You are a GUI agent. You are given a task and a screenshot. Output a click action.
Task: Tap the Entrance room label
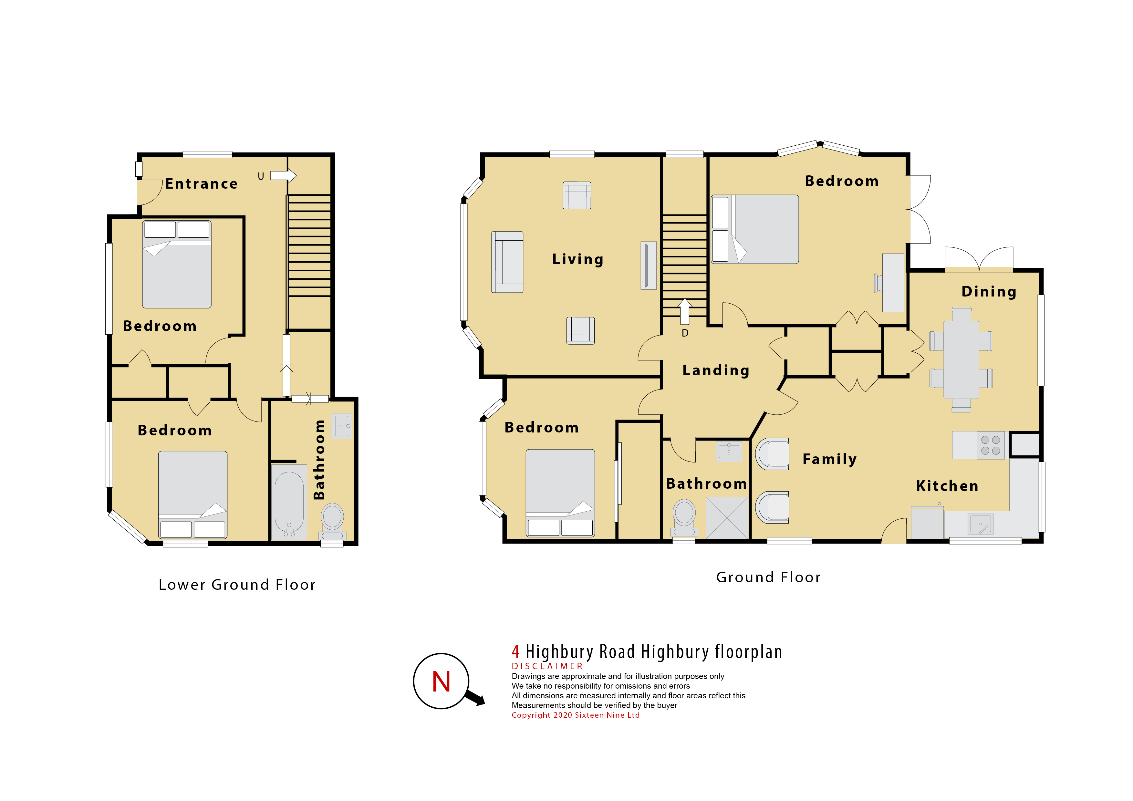[201, 183]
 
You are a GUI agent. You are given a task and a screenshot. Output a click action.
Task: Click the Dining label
[989, 291]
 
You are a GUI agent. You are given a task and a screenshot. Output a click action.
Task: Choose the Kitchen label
[947, 486]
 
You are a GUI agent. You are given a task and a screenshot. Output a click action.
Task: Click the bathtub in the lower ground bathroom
[289, 502]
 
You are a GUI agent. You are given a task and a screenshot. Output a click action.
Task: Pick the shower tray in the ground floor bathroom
[727, 518]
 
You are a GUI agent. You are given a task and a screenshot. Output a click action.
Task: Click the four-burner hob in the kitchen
[990, 445]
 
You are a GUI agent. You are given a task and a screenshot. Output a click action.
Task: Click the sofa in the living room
[507, 262]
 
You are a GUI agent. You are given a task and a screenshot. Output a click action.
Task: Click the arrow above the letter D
[684, 311]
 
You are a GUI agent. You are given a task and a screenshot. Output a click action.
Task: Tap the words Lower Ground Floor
[237, 585]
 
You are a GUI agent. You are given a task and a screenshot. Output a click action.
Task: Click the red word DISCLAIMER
[547, 666]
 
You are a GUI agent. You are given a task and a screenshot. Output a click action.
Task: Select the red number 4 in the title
[516, 651]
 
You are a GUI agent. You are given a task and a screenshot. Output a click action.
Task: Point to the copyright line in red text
[576, 715]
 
